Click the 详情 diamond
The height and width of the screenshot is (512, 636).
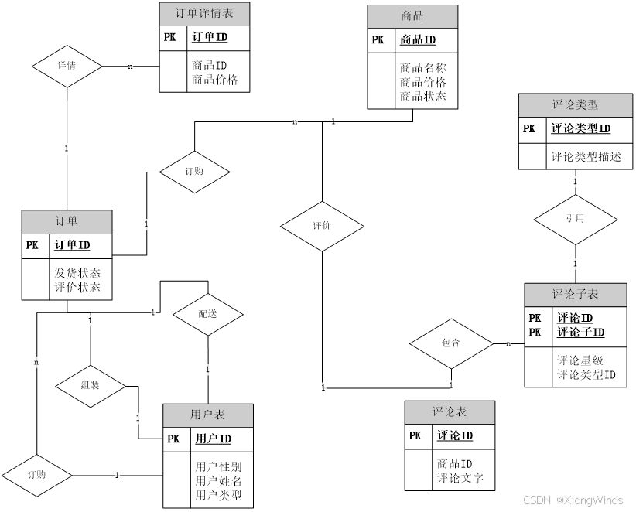coord(67,66)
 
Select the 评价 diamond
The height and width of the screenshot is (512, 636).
coord(322,227)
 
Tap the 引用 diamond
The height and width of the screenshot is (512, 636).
coord(575,220)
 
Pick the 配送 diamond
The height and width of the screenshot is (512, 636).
coord(207,315)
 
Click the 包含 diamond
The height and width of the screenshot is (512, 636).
coord(451,343)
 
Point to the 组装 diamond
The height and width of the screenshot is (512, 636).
coord(91,384)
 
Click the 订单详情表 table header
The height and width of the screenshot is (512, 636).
coord(205,14)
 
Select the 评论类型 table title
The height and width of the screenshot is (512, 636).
coord(576,105)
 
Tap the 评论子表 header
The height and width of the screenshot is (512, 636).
coord(576,295)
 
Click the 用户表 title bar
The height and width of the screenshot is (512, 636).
coord(207,415)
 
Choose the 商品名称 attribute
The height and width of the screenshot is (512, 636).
coord(423,67)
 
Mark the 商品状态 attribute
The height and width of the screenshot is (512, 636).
coord(423,97)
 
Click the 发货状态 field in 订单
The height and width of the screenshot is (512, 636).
coord(77,273)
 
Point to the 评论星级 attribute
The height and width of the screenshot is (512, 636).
coord(580,360)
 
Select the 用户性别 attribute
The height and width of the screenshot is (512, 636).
coord(218,466)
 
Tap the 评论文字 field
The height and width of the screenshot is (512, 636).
coord(460,478)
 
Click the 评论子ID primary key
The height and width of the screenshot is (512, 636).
coord(581,333)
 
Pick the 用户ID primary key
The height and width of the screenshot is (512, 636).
coord(213,439)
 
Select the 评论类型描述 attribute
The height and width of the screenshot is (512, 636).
coord(586,156)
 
